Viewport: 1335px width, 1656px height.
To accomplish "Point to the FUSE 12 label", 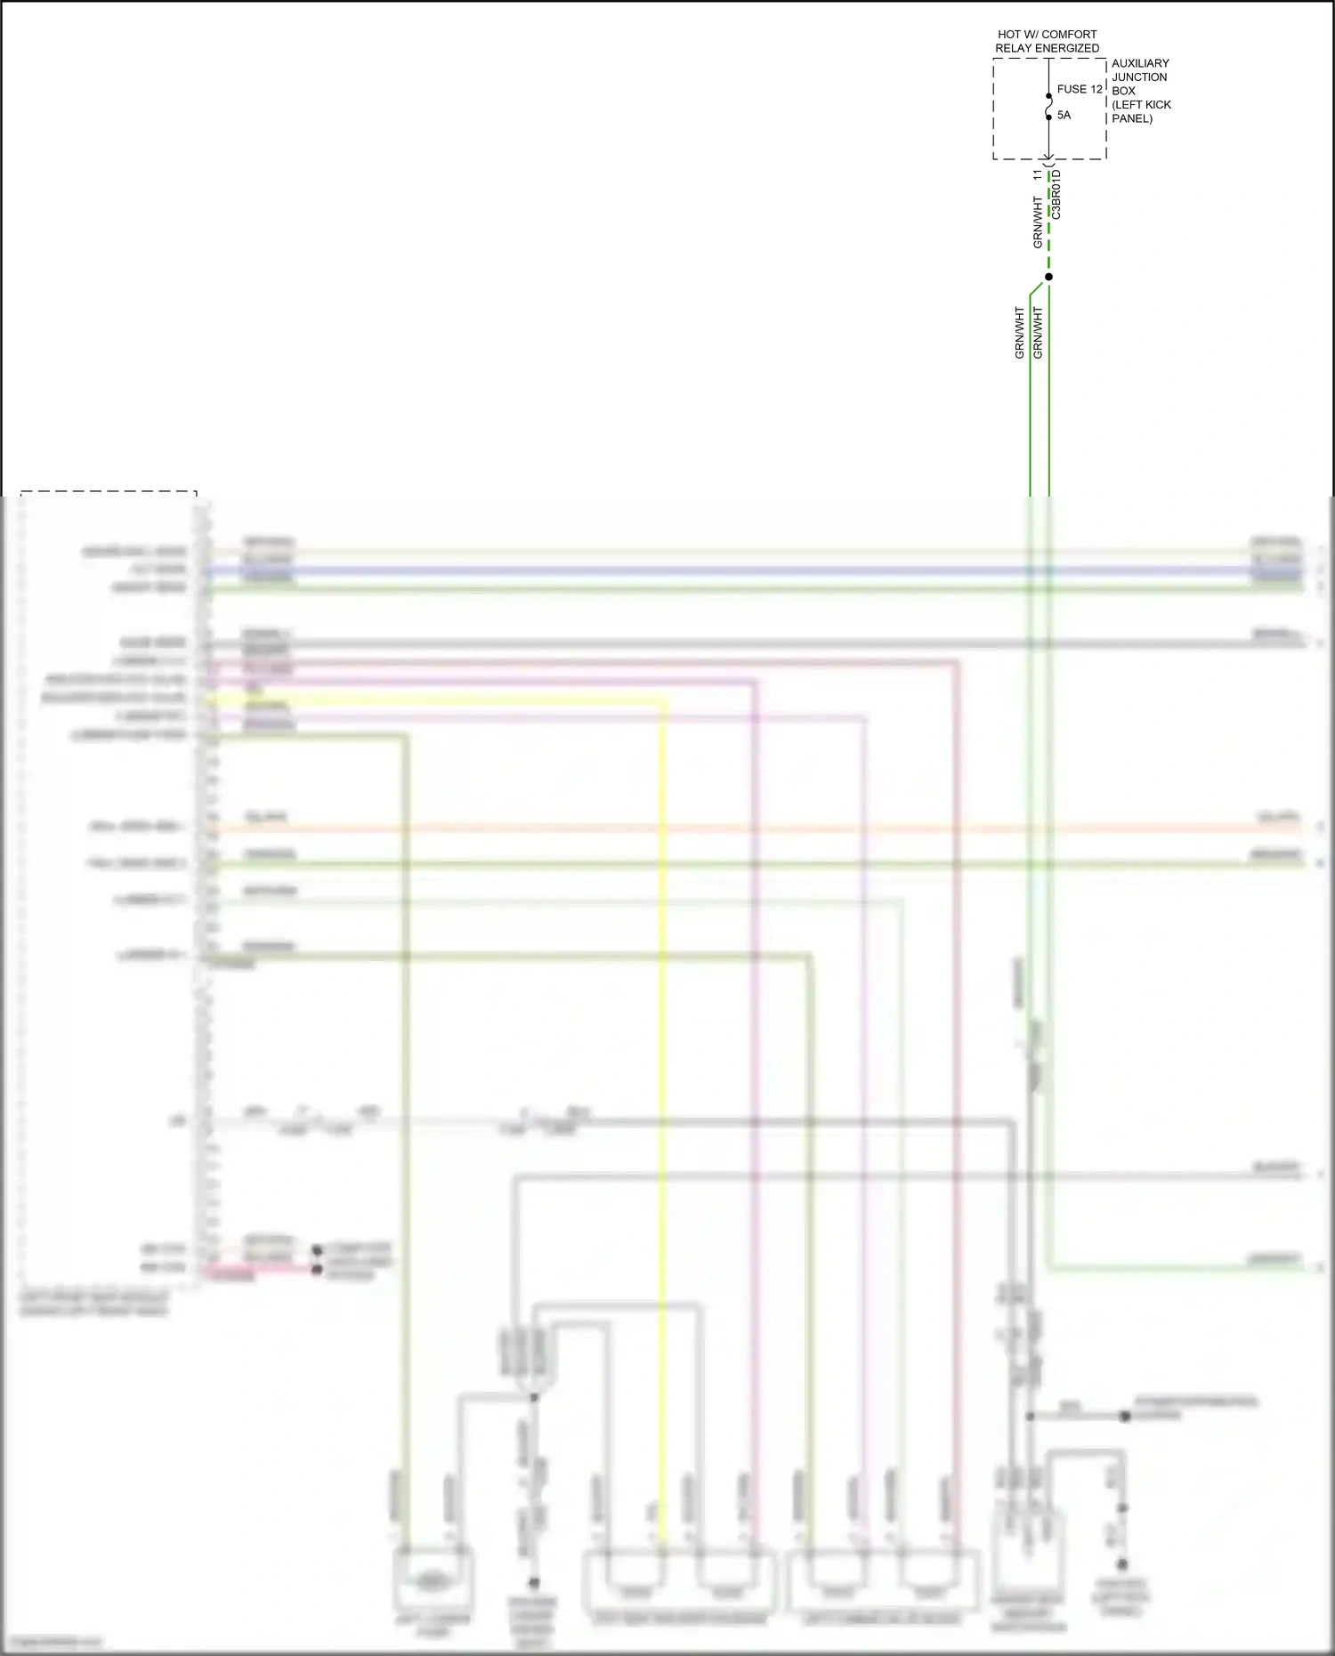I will tap(1080, 89).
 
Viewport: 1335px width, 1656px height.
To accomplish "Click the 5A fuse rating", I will tap(1064, 115).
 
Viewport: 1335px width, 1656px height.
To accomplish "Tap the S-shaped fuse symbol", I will tap(1049, 107).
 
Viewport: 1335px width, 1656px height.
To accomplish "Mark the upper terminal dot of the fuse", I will tap(1049, 96).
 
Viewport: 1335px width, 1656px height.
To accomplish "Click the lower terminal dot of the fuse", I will tap(1049, 117).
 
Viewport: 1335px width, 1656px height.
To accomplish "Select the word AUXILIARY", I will tap(1140, 63).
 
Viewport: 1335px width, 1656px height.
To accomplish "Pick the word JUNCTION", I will tap(1139, 77).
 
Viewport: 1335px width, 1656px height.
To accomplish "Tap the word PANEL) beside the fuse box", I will tap(1132, 118).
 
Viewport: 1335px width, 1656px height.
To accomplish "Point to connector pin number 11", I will tap(1038, 175).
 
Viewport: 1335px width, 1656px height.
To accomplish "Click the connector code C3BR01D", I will tap(1056, 195).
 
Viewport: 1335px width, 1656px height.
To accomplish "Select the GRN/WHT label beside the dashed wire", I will tap(1038, 222).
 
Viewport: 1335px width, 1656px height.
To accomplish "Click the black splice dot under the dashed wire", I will tap(1049, 277).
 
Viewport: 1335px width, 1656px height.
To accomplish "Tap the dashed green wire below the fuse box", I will tap(1049, 240).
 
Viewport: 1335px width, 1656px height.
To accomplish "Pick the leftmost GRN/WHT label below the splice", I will tap(1020, 334).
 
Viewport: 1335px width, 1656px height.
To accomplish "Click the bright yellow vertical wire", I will tap(663, 1068).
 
